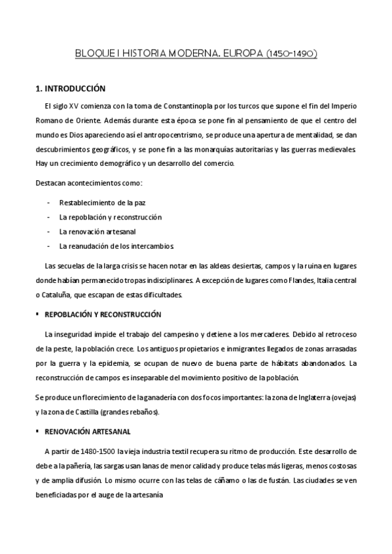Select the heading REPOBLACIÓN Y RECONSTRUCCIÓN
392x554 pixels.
pos(102,314)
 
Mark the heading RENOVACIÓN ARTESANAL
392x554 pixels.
pos(87,431)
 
